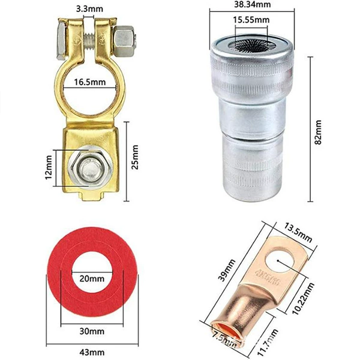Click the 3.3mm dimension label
point(89,9)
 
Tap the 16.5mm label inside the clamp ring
point(90,82)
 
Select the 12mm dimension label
point(49,167)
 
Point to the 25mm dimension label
point(135,157)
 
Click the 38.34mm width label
point(253,5)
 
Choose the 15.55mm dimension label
point(251,20)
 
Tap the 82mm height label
point(318,132)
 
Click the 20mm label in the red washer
point(92,279)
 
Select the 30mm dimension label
point(92,331)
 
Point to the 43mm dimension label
point(92,352)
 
